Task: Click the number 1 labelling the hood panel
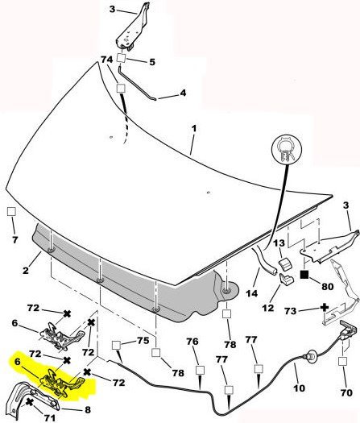coord(194,128)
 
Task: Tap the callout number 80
coord(327,287)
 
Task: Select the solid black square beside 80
coord(304,275)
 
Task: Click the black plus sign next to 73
coord(325,308)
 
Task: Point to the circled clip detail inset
coord(287,149)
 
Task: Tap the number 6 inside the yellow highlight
coord(18,362)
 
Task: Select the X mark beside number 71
coord(29,403)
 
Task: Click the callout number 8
coord(88,410)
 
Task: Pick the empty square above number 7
coord(11,211)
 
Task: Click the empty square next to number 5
coord(122,58)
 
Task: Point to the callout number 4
coord(183,93)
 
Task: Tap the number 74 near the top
coord(106,60)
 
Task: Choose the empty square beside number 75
coord(116,345)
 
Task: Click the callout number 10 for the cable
coord(299,388)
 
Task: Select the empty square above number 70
coord(342,361)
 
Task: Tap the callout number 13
coord(279,243)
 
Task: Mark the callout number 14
coord(251,293)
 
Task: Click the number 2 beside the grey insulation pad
coord(26,270)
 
